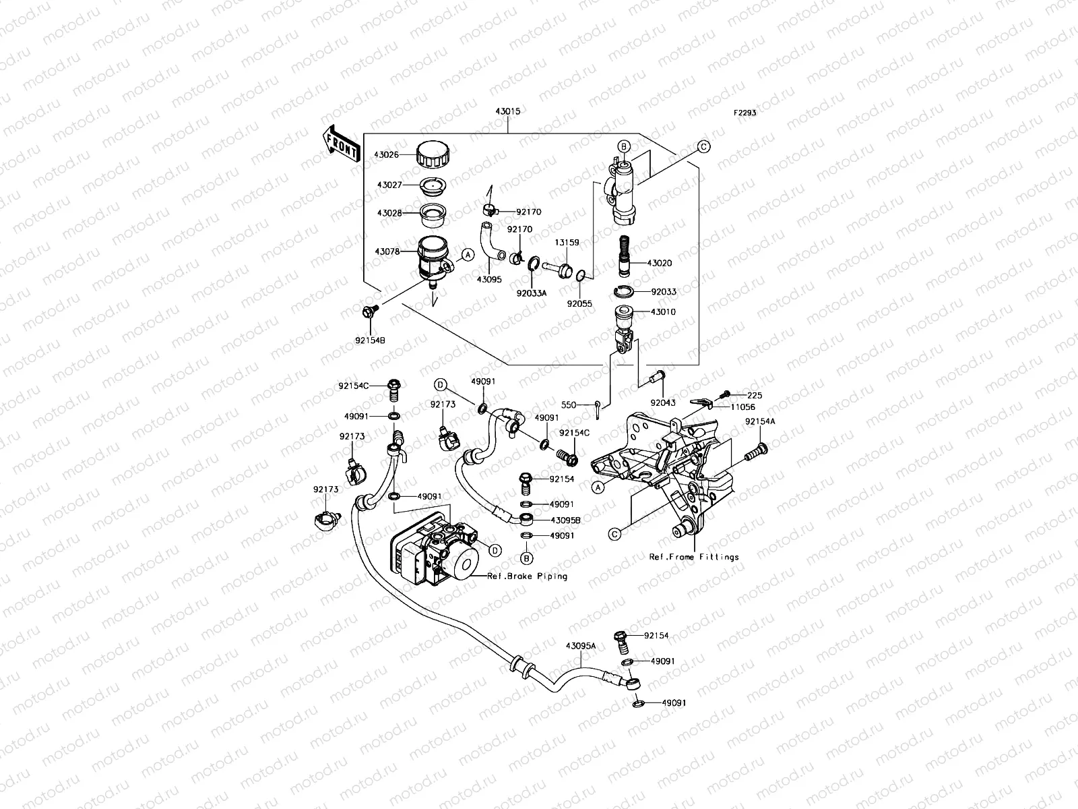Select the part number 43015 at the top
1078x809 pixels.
click(x=506, y=111)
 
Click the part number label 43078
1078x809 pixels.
click(x=387, y=251)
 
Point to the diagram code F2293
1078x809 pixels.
click(x=744, y=113)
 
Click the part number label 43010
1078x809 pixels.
click(x=663, y=312)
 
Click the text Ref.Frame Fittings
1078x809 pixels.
click(x=693, y=557)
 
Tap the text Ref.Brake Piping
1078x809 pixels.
click(x=528, y=576)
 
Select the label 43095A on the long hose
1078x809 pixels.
click(x=581, y=646)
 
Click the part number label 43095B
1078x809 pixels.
click(x=565, y=520)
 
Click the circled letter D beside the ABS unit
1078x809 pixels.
click(x=495, y=550)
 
